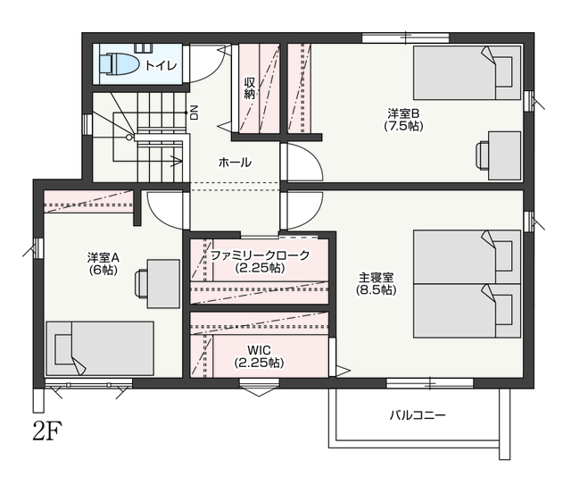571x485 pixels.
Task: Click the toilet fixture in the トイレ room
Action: click(119, 64)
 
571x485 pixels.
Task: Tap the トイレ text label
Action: click(161, 65)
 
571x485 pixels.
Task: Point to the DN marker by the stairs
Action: click(194, 113)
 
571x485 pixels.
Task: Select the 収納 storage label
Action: click(250, 88)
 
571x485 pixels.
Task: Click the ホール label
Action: click(235, 163)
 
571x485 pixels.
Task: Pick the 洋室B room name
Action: click(403, 113)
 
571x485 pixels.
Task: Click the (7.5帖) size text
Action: click(403, 126)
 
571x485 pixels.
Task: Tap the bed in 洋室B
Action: click(468, 72)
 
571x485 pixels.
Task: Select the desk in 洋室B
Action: click(499, 155)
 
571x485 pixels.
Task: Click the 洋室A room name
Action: click(103, 258)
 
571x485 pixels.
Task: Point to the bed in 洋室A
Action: click(99, 348)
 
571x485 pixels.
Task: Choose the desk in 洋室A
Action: click(157, 284)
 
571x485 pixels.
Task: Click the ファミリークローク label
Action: click(260, 255)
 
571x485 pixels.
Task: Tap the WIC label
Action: click(260, 350)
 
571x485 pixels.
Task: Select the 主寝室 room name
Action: click(377, 277)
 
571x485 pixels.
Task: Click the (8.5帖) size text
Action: click(377, 290)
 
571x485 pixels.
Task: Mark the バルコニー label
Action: click(418, 415)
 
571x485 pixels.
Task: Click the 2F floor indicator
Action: click(47, 431)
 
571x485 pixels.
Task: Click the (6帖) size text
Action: click(103, 271)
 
